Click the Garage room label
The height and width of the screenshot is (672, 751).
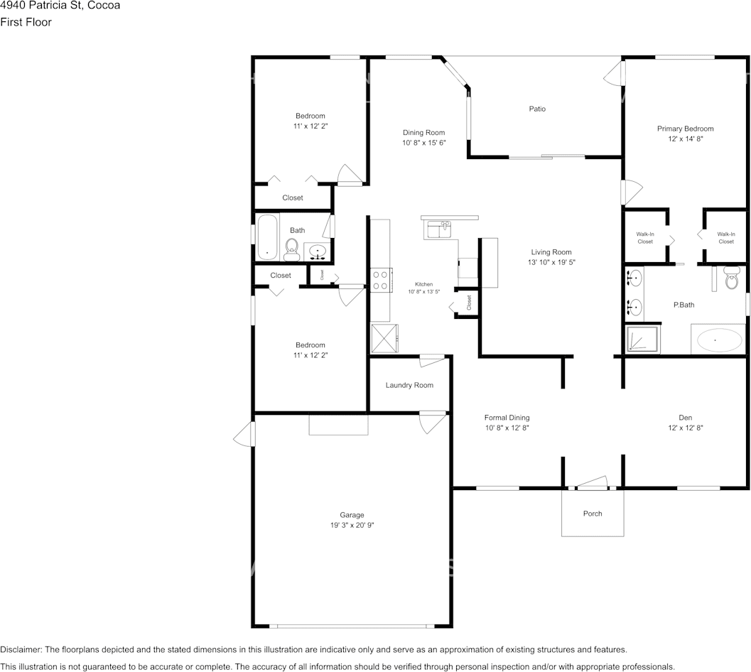pos(352,515)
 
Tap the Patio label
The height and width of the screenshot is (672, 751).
pos(537,109)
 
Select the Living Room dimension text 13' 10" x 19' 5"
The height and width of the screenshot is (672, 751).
pos(551,262)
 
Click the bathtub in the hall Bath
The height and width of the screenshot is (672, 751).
pos(268,237)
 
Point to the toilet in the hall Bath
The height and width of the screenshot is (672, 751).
pos(291,246)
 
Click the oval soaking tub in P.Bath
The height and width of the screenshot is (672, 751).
pos(717,341)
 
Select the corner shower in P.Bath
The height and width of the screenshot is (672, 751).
pos(643,339)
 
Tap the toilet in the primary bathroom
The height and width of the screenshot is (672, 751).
pos(731,280)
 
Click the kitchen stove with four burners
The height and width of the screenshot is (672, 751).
pos(381,279)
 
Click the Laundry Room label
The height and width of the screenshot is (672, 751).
pos(409,385)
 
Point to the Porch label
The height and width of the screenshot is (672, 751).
pos(593,514)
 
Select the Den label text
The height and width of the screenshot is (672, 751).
pos(685,418)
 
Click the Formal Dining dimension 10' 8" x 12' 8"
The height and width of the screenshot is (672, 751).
pos(507,428)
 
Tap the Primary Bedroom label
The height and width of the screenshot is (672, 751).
pos(685,129)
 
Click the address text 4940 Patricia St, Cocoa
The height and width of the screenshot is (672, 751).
pos(60,6)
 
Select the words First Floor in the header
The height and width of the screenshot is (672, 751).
pos(26,22)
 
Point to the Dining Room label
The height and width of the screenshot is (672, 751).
pos(423,132)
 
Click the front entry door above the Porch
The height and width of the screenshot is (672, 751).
pos(592,484)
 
